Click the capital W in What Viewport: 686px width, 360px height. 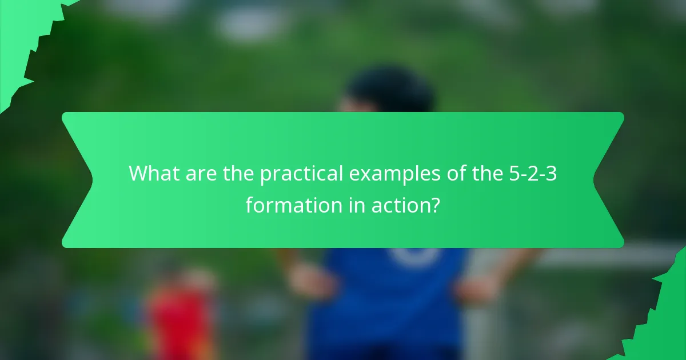tap(140, 173)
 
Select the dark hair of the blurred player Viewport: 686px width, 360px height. tap(392, 91)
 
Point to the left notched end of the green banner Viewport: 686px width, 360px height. tap(77, 180)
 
